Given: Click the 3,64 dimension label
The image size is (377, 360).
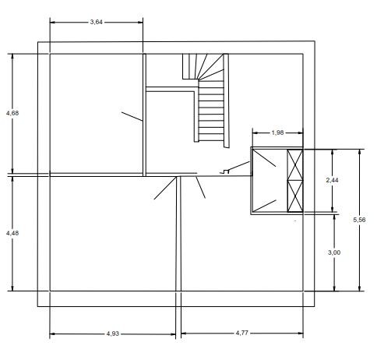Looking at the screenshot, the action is pyautogui.click(x=97, y=22).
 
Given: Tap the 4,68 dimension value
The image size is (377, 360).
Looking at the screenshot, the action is pyautogui.click(x=12, y=113).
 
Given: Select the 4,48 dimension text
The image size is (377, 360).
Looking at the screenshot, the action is pyautogui.click(x=12, y=233).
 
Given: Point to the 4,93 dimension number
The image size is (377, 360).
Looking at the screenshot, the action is pyautogui.click(x=113, y=334).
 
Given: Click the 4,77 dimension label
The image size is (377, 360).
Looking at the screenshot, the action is pyautogui.click(x=242, y=333).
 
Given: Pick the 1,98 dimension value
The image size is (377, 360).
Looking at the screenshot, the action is pyautogui.click(x=277, y=132).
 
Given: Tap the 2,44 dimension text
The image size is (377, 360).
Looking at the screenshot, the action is pyautogui.click(x=333, y=180).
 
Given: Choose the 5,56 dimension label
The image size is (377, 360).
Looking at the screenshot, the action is pyautogui.click(x=359, y=220).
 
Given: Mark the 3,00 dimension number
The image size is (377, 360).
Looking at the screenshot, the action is pyautogui.click(x=334, y=252).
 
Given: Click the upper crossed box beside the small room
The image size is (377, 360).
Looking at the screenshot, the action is pyautogui.click(x=295, y=165).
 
